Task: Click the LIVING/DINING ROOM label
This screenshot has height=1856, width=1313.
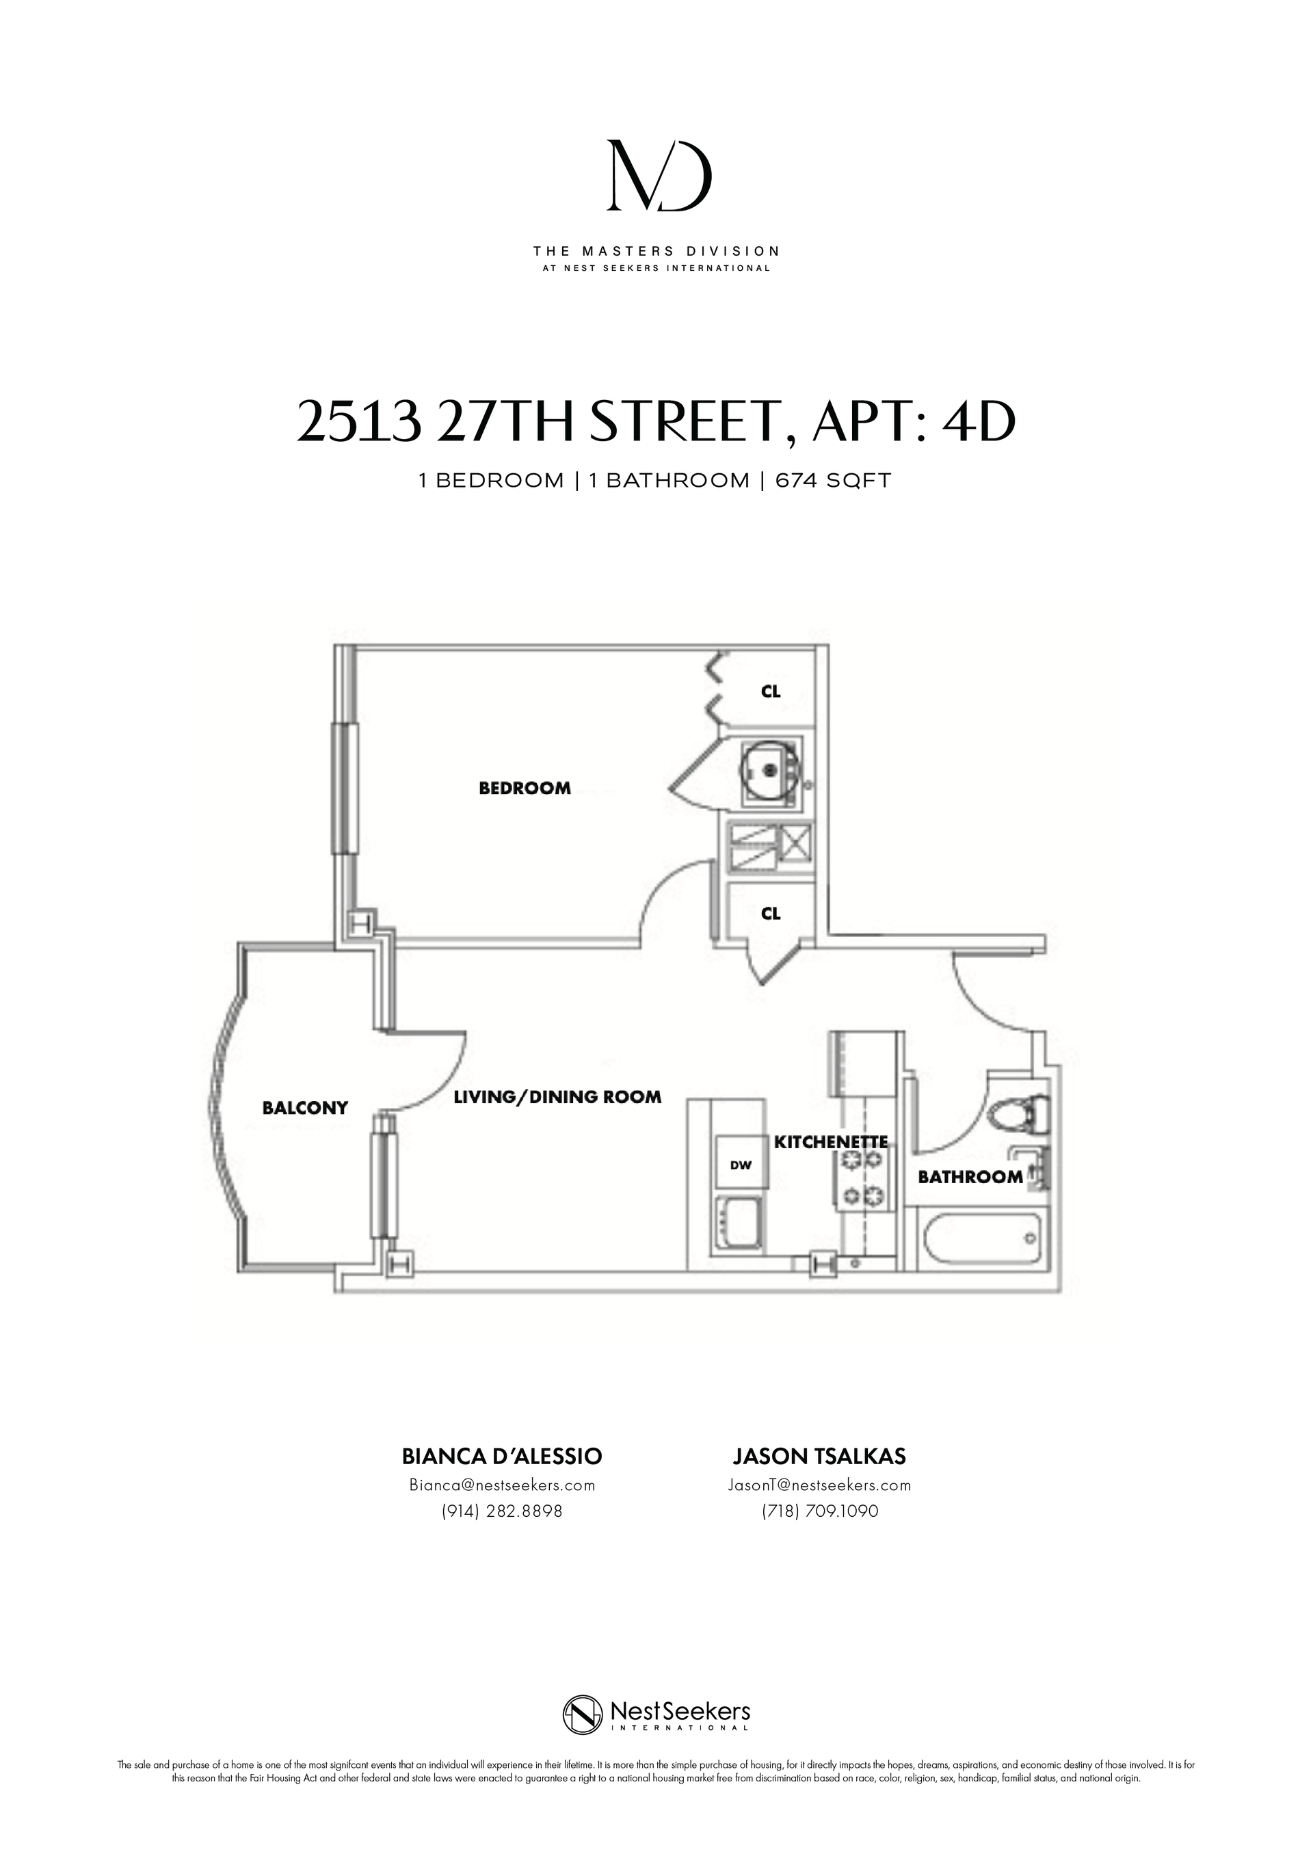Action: coord(557,1097)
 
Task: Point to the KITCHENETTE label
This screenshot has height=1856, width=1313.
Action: coord(830,1142)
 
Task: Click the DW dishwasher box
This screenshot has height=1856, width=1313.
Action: coord(741,1165)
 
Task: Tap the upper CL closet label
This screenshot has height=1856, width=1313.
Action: coord(771,691)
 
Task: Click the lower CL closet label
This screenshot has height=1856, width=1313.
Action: coord(771,914)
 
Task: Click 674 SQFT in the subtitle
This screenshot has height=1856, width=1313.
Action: coord(833,481)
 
